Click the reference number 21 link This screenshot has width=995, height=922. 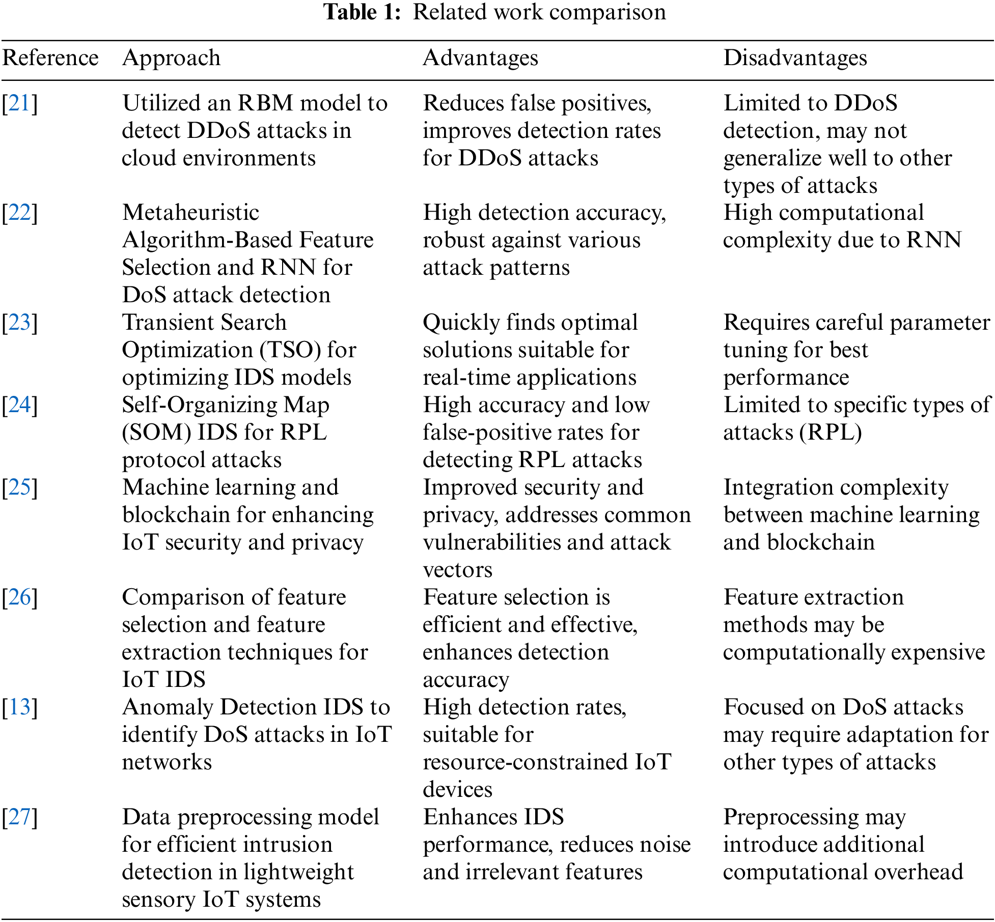click(19, 103)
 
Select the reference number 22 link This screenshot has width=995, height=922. click(19, 213)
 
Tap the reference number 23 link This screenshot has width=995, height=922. click(19, 323)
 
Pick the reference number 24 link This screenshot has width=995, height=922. click(19, 405)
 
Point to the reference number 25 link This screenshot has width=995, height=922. click(19, 487)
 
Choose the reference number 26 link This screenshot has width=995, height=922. click(19, 597)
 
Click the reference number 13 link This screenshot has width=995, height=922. click(19, 707)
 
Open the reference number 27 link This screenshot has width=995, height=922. click(19, 817)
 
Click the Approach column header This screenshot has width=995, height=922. click(171, 58)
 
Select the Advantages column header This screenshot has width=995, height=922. click(480, 58)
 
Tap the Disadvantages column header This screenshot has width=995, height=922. click(795, 58)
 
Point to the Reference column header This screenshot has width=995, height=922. click(50, 58)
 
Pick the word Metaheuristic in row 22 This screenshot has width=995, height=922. click(190, 213)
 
